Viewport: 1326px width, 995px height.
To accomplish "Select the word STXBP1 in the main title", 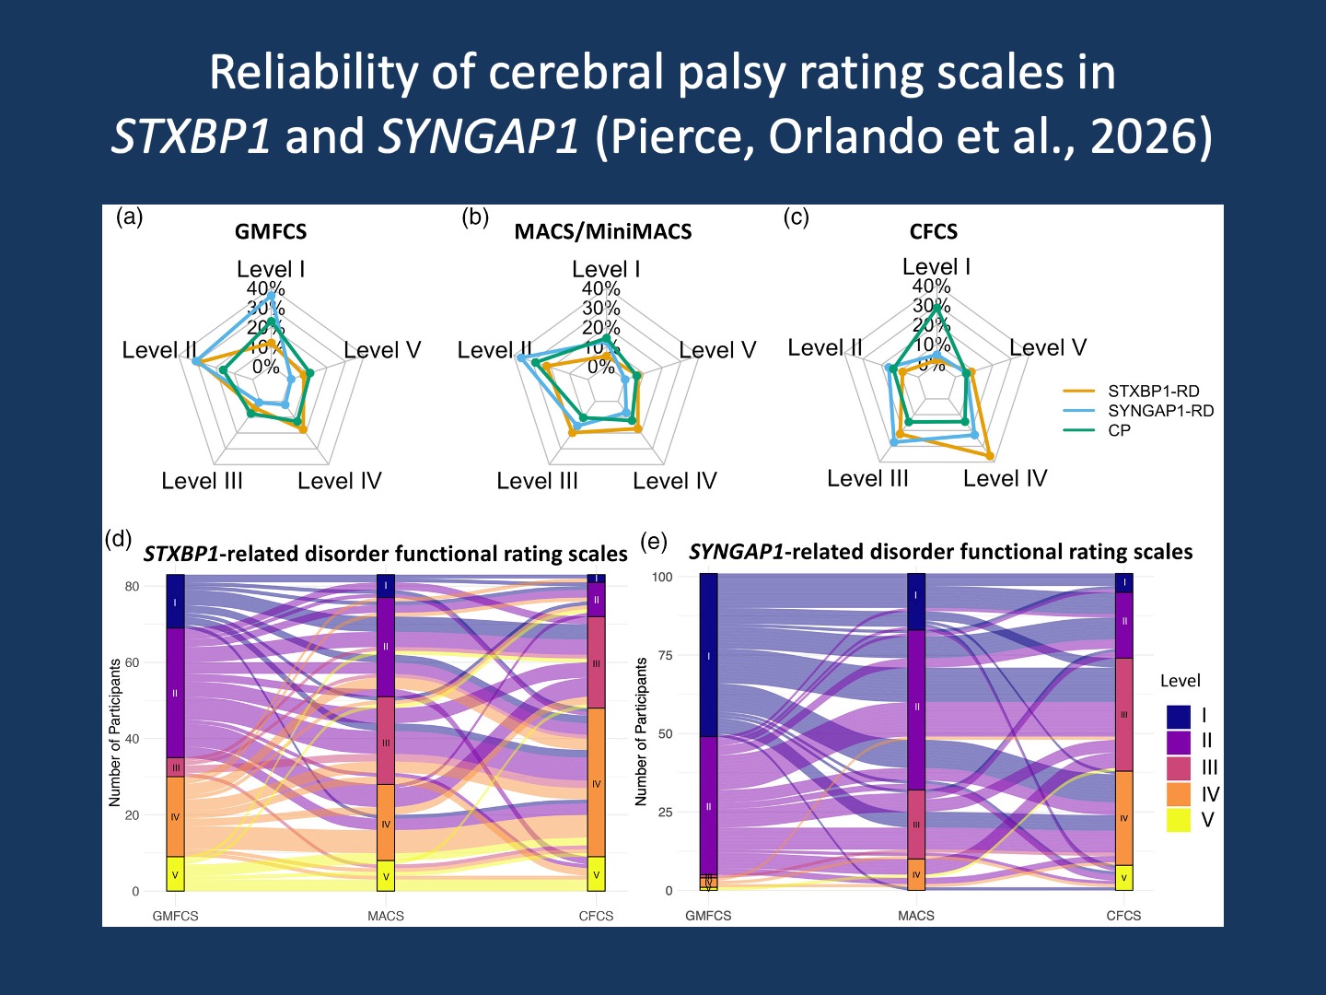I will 191,136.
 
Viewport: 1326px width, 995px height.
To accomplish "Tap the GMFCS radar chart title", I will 271,231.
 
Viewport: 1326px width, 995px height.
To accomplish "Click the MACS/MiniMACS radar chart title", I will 602,231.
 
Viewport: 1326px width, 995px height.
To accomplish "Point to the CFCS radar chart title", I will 933,231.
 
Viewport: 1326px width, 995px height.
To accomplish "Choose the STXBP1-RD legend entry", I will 1153,391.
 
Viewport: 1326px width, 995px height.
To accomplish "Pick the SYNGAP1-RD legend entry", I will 1160,411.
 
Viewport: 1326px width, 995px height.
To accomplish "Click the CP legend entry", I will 1119,430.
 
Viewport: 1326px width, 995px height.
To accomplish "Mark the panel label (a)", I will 130,217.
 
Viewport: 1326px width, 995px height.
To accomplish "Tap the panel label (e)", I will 654,541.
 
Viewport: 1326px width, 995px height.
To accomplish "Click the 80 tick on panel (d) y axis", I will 132,587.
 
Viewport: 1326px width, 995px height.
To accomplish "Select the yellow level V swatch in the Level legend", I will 1179,820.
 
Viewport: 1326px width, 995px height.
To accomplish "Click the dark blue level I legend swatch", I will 1179,716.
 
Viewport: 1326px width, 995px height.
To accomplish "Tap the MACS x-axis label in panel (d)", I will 386,916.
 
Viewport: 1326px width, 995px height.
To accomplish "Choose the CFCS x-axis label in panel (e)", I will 1123,916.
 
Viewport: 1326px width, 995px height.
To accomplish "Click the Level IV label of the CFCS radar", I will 1005,478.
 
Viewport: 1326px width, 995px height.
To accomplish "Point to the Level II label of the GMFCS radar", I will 159,350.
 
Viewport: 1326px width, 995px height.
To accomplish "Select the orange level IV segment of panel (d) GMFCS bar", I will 175,816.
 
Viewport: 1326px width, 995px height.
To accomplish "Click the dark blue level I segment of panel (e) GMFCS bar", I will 708,655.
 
